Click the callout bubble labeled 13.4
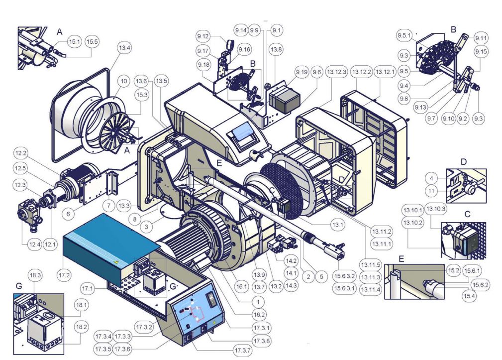pos(124,48)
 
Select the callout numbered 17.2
pos(64,275)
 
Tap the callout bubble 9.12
pos(203,36)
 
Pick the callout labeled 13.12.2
pos(362,72)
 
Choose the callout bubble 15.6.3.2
pos(344,276)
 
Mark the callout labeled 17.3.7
pos(242,351)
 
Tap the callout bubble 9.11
pos(481,38)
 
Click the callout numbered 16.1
pos(241,287)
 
